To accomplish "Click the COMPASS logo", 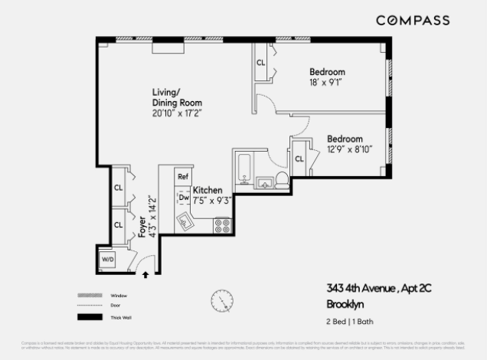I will (412, 21).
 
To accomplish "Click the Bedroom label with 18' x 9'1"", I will (327, 72).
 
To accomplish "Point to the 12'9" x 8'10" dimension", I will (349, 150).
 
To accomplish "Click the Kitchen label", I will (208, 190).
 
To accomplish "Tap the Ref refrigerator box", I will (183, 177).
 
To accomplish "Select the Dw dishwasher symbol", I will (184, 197).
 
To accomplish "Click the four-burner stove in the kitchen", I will (223, 225).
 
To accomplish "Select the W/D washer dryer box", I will (108, 260).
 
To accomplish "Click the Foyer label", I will (142, 227).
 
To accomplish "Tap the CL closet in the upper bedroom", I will (261, 63).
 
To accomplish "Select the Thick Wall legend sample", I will (89, 317).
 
